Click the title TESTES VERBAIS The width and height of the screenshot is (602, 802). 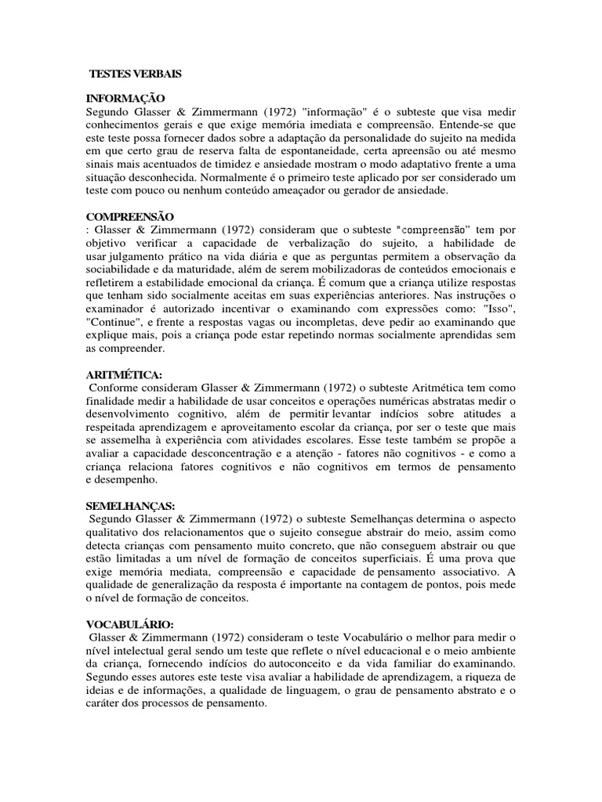(x=135, y=74)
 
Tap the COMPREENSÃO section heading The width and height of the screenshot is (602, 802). (x=130, y=215)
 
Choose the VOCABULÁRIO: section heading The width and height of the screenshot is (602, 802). (x=129, y=624)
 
